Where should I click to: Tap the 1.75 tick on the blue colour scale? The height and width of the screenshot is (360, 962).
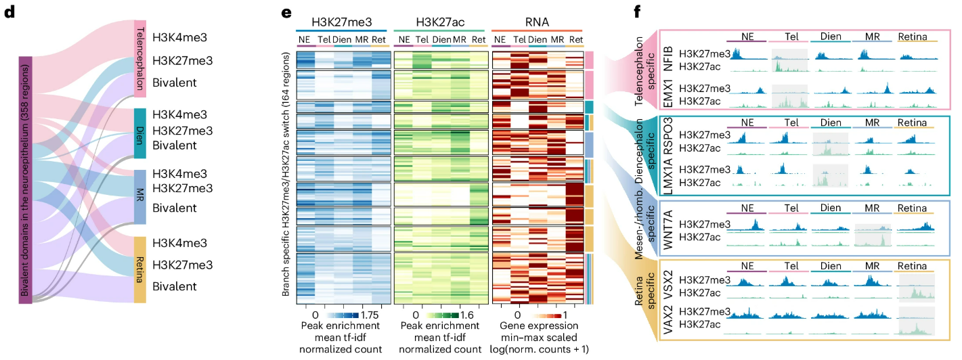tap(370, 315)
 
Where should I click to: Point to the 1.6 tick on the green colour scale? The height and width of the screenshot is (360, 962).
tap(469, 315)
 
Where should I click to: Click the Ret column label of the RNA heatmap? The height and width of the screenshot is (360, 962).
tap(576, 39)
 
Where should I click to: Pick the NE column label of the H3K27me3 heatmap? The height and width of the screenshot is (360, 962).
tap(305, 39)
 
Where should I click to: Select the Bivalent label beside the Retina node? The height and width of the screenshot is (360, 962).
tap(174, 286)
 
